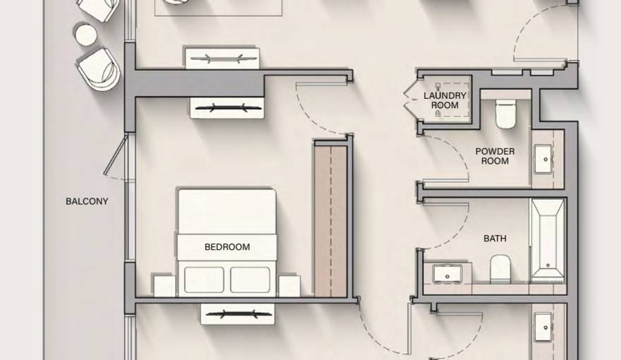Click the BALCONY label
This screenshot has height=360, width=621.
[x=87, y=201]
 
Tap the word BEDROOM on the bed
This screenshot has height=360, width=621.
[x=227, y=247]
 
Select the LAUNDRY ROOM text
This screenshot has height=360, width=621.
[x=445, y=100]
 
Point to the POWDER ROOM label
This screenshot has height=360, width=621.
[x=495, y=156]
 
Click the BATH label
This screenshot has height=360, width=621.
[x=495, y=239]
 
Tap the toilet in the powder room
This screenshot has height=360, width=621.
[x=505, y=114]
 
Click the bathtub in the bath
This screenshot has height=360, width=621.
[x=547, y=240]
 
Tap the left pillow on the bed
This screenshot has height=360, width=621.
[x=204, y=280]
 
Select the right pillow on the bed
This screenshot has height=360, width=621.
[x=250, y=280]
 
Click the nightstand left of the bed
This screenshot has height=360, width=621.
[x=164, y=285]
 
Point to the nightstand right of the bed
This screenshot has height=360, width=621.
[x=289, y=285]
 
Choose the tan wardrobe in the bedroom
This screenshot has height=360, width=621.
[x=330, y=219]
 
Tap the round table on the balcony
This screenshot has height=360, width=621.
[x=85, y=35]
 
